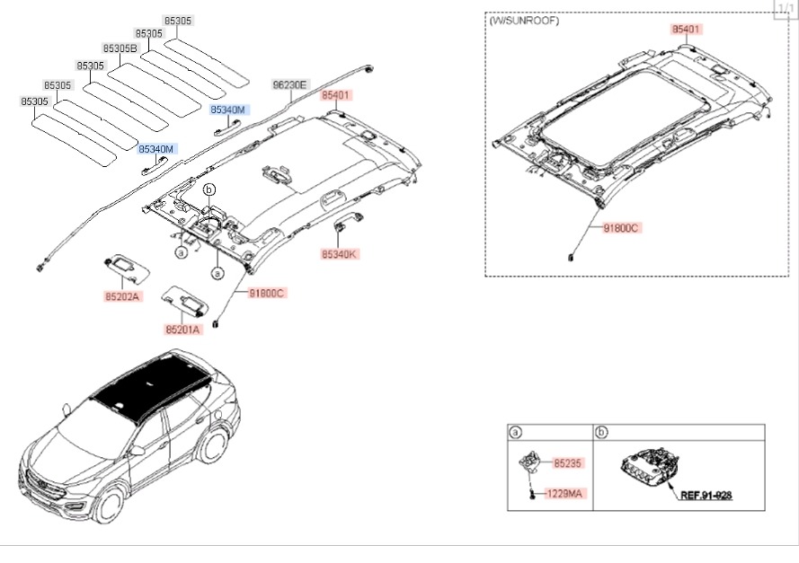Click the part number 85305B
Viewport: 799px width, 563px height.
click(x=120, y=48)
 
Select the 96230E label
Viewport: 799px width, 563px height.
click(x=289, y=85)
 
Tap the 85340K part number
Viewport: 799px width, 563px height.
click(x=340, y=255)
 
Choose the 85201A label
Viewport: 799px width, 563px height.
click(x=182, y=330)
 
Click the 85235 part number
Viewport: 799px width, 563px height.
click(x=568, y=464)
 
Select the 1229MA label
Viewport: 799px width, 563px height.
click(x=565, y=494)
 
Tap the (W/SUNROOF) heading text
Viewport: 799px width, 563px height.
click(x=523, y=21)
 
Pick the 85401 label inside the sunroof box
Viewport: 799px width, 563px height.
click(x=686, y=30)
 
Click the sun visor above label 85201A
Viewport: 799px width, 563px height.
click(x=184, y=299)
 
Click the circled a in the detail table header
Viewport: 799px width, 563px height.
click(x=516, y=433)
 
